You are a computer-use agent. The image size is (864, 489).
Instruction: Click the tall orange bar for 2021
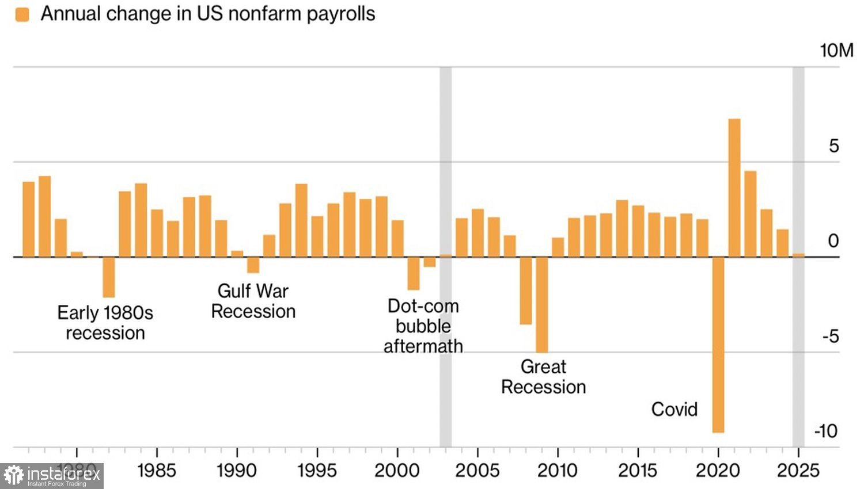(734, 188)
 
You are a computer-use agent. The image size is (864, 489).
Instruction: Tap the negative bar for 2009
(541, 304)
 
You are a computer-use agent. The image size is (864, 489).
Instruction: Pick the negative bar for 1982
(109, 277)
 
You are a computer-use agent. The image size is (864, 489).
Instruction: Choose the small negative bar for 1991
(253, 265)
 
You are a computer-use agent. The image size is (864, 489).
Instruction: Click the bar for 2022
(750, 213)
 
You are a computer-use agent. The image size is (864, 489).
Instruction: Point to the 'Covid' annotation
(674, 409)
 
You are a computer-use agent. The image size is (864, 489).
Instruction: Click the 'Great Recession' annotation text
(543, 377)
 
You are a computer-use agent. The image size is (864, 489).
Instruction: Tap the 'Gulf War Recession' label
(253, 301)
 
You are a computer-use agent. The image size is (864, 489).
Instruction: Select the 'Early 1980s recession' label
(105, 323)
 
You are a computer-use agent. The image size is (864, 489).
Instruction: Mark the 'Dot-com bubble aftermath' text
(423, 326)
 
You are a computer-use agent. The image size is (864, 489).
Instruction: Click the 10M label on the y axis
(836, 51)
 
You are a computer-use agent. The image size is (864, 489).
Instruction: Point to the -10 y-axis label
(826, 431)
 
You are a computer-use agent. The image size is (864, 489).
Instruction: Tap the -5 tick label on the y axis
(830, 336)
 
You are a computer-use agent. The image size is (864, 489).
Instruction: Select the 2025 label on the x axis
(798, 471)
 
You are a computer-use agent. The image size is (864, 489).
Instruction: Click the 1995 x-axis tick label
(317, 471)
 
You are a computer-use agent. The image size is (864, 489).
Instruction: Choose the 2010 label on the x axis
(557, 471)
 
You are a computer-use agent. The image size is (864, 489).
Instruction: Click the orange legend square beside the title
(22, 14)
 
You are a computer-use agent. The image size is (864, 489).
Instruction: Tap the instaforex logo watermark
(52, 476)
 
